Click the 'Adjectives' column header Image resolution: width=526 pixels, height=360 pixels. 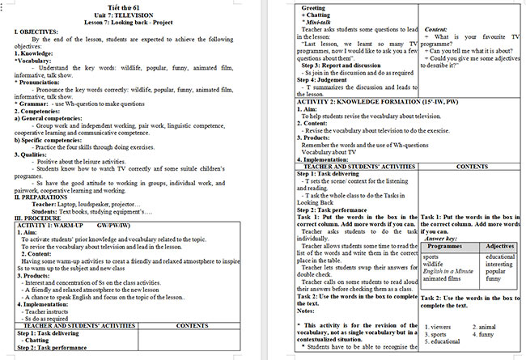500,246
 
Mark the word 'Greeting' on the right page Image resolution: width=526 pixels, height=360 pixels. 314,7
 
